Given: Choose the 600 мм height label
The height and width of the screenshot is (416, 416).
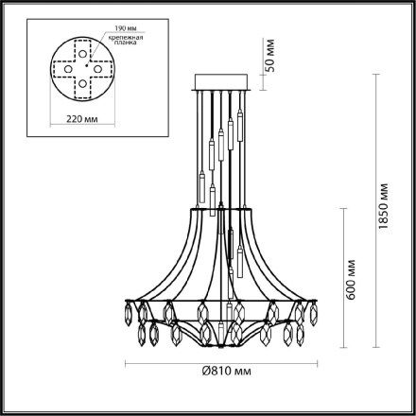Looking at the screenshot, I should [352, 281].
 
